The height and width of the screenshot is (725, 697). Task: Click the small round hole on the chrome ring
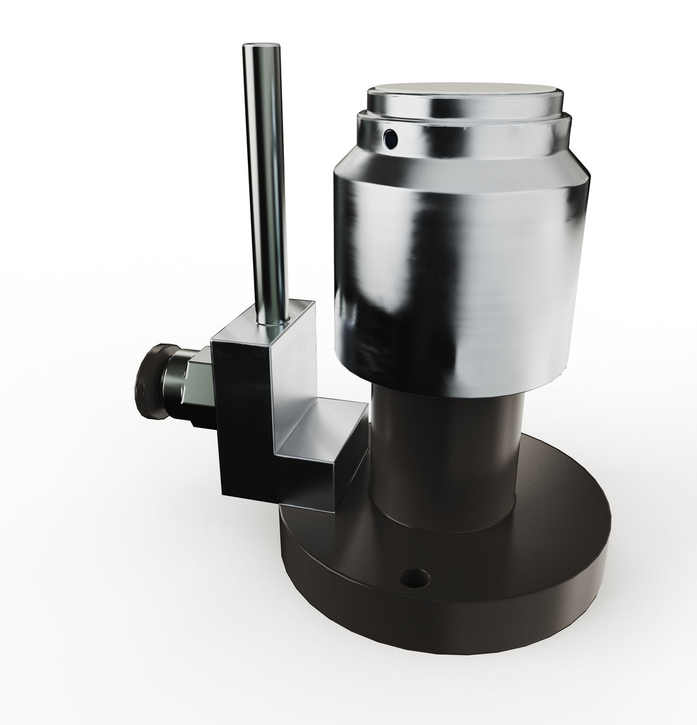pyautogui.click(x=390, y=137)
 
